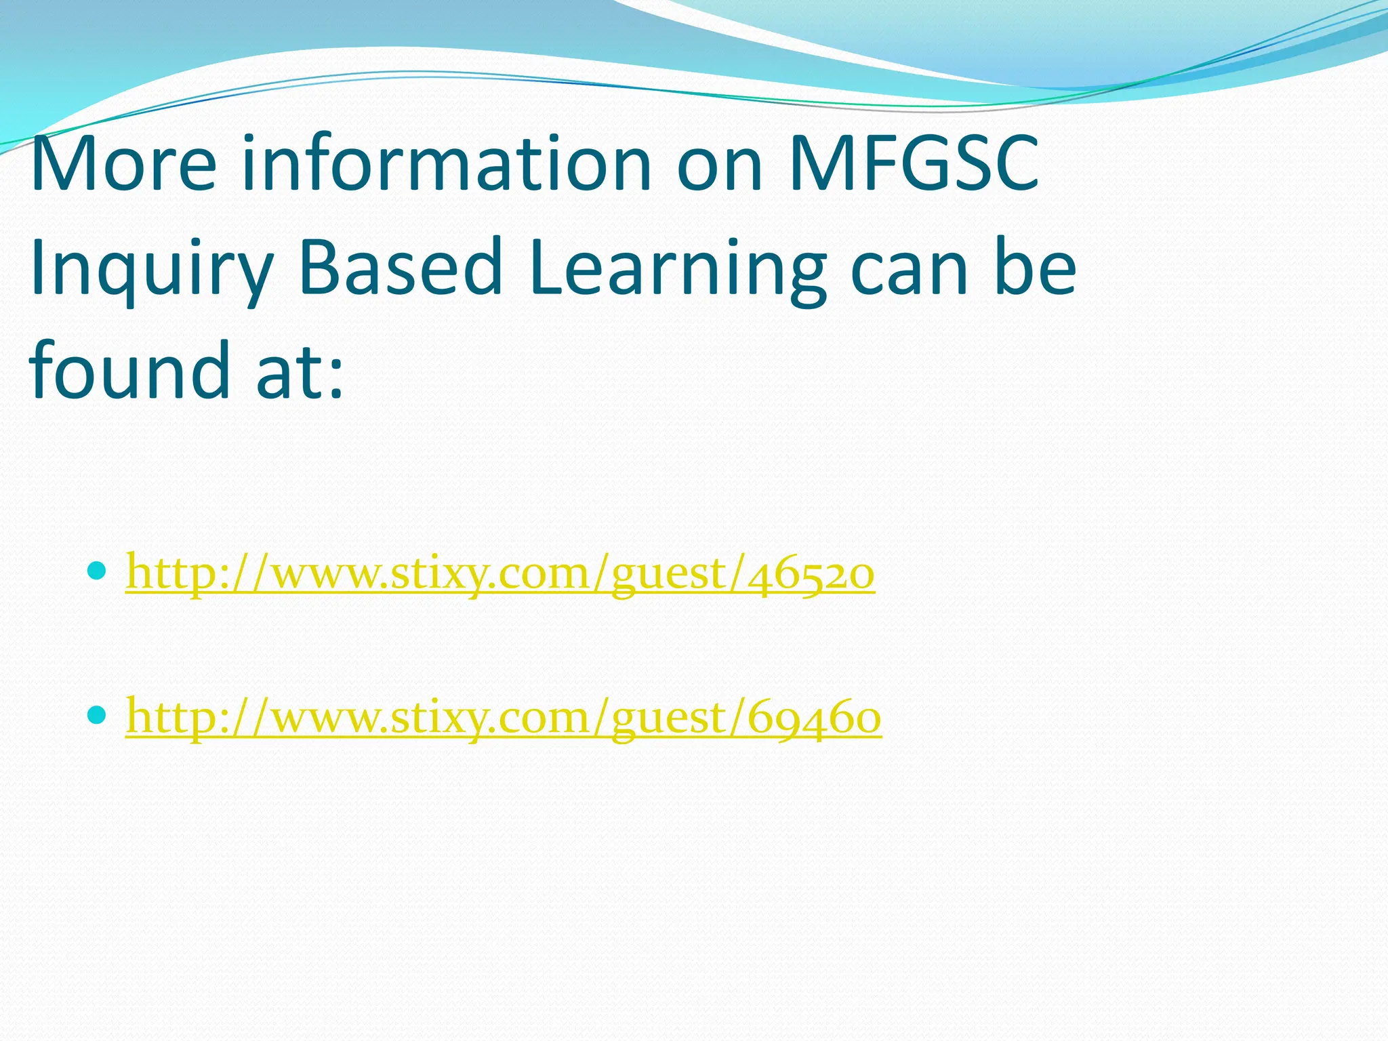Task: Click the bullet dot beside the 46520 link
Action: [98, 571]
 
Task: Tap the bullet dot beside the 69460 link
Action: [98, 714]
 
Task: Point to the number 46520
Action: [810, 573]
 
